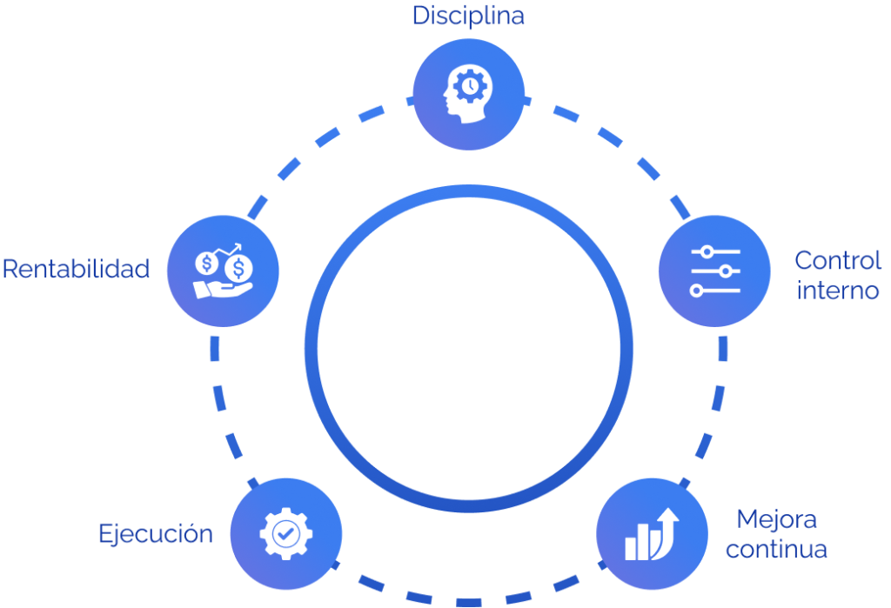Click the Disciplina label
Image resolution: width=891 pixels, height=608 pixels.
click(468, 16)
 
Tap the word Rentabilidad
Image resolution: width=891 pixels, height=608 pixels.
click(76, 269)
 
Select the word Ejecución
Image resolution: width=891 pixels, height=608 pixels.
click(156, 532)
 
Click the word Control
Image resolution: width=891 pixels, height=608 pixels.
click(838, 260)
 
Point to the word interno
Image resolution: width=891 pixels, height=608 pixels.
click(838, 290)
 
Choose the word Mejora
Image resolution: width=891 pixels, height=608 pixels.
click(776, 519)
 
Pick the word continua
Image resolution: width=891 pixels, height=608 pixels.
click(776, 550)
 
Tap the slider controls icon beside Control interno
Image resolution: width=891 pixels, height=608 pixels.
click(714, 271)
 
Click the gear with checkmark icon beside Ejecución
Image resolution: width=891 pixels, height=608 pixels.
click(285, 532)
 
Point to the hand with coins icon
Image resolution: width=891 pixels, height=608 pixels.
click(223, 271)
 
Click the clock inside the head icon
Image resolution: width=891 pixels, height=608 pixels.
click(470, 85)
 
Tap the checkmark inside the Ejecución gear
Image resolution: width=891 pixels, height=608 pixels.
click(285, 532)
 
